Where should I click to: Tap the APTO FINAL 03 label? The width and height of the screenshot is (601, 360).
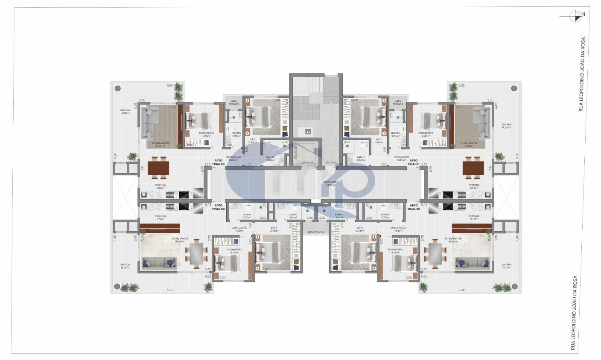(219, 162)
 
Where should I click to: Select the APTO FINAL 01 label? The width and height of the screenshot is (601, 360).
(413, 162)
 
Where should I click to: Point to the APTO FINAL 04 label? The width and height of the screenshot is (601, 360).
(218, 207)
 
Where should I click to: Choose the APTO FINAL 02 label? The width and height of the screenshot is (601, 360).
(413, 207)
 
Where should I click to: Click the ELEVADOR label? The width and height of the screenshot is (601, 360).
(307, 163)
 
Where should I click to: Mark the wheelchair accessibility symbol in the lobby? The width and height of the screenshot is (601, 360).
(308, 132)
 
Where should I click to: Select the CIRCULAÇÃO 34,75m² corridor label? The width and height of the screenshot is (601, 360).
(332, 184)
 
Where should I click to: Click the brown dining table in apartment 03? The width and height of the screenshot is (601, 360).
(159, 168)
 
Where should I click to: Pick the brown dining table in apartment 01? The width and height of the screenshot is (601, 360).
(473, 168)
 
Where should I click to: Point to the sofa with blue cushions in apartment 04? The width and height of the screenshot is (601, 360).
(159, 263)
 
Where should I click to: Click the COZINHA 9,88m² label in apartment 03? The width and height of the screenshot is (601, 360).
(160, 186)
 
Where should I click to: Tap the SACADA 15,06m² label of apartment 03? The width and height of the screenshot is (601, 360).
(125, 112)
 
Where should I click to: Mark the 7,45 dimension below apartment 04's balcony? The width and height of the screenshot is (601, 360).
(169, 290)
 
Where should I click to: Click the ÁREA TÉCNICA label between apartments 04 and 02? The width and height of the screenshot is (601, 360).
(315, 232)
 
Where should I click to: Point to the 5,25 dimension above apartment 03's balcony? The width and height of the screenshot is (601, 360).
(170, 86)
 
